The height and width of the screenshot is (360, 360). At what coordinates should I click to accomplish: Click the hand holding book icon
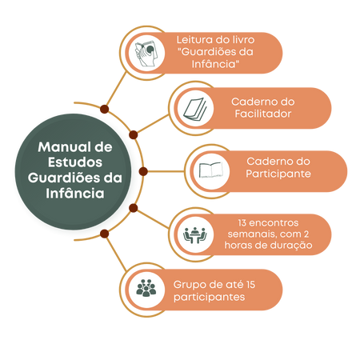point(146,54)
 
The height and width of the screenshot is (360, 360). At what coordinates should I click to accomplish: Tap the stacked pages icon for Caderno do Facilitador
point(195,109)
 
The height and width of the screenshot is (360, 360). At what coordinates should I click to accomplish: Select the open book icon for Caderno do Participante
point(211,170)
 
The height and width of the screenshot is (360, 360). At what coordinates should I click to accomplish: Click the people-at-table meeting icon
point(195,235)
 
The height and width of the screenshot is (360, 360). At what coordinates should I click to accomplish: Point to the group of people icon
point(146,288)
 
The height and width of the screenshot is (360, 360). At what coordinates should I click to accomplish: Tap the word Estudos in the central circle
point(75,162)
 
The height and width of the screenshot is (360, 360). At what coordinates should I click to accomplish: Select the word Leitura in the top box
point(194,40)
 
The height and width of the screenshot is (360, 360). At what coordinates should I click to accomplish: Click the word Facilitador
point(263,114)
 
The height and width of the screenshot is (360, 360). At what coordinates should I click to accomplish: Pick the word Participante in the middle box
point(278,174)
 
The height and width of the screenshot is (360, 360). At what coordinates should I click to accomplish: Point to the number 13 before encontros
point(242,222)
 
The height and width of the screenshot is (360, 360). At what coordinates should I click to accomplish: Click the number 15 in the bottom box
point(250,285)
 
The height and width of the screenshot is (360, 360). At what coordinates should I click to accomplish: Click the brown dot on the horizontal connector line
point(143,171)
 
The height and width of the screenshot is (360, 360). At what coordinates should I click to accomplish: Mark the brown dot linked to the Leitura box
point(104,109)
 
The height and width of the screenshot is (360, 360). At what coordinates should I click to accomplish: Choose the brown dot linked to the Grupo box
point(104,234)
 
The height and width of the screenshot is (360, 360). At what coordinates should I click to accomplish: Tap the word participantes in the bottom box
point(210,298)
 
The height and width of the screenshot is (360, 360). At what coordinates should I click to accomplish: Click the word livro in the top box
point(242,40)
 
